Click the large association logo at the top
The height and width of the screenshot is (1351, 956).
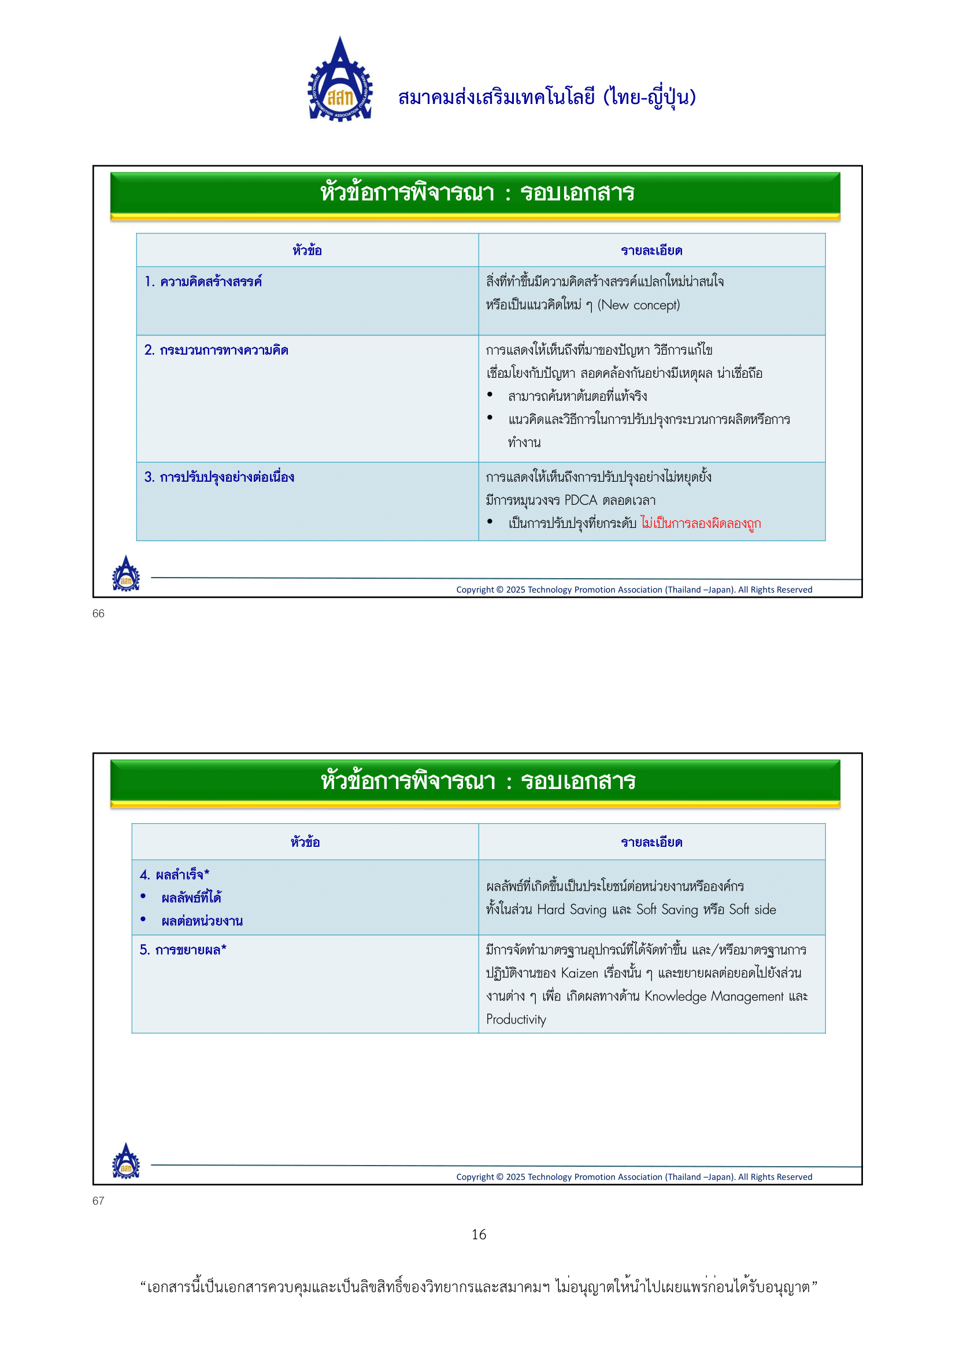pyautogui.click(x=340, y=81)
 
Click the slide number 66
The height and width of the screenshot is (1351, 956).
pyautogui.click(x=98, y=614)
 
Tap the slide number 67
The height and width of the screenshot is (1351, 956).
pyautogui.click(x=98, y=1201)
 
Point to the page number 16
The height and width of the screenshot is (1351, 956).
pyautogui.click(x=479, y=1234)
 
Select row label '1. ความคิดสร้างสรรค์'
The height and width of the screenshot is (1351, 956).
pyautogui.click(x=203, y=282)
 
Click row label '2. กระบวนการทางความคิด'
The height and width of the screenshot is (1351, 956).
pyautogui.click(x=216, y=351)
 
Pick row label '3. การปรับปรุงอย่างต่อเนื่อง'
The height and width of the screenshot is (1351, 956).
pyautogui.click(x=219, y=477)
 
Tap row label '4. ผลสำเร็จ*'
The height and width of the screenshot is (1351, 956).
pyautogui.click(x=174, y=875)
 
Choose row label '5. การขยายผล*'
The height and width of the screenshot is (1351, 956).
pyautogui.click(x=183, y=950)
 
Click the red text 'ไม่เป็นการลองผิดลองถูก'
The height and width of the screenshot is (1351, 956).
pyautogui.click(x=701, y=523)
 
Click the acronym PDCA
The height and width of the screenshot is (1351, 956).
pyautogui.click(x=580, y=500)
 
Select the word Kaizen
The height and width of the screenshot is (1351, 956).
pyautogui.click(x=579, y=973)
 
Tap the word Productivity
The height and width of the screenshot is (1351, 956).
pyautogui.click(x=516, y=1019)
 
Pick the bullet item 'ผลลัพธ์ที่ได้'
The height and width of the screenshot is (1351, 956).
pyautogui.click(x=191, y=898)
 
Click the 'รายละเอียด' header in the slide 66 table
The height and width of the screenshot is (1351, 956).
pyautogui.click(x=651, y=251)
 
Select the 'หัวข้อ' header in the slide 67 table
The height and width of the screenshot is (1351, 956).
pyautogui.click(x=305, y=842)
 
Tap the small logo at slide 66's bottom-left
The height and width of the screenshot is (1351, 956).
pyautogui.click(x=126, y=574)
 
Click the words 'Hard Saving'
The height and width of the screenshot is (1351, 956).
pyautogui.click(x=571, y=910)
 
